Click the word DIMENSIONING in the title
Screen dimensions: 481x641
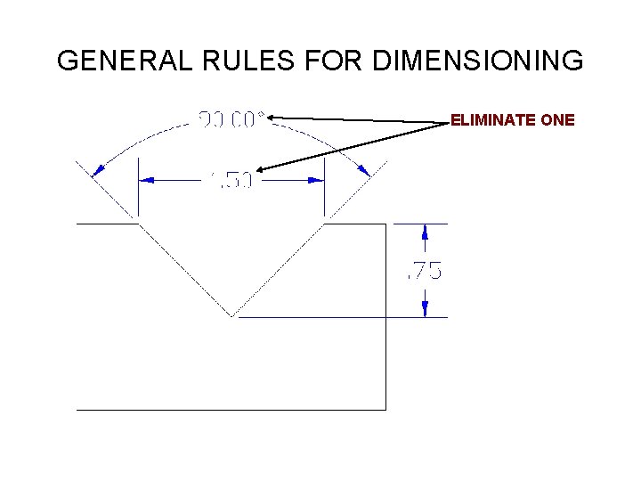click(478, 61)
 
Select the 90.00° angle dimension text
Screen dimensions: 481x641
click(230, 118)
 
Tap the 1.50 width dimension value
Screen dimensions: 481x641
click(231, 180)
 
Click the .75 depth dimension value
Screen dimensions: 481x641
click(424, 271)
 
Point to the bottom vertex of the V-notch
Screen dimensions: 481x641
click(232, 316)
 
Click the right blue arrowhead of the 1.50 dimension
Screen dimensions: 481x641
click(315, 180)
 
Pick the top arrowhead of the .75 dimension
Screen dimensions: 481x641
click(425, 232)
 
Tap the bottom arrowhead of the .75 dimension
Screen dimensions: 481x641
click(425, 308)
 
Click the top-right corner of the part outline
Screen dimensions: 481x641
click(385, 224)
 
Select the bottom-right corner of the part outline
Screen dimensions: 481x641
click(385, 409)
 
